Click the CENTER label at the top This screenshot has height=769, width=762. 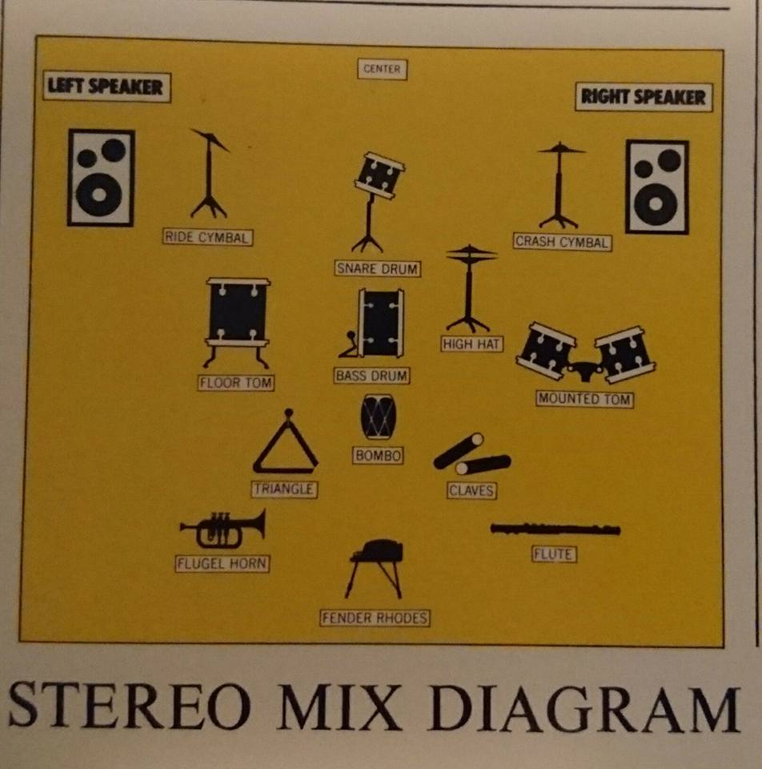click(383, 69)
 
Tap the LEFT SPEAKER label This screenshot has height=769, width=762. click(106, 87)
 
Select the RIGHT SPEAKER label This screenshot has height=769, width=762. click(644, 97)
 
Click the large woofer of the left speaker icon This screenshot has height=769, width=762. click(99, 195)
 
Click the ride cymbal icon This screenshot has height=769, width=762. click(209, 173)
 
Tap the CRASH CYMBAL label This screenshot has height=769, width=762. click(562, 242)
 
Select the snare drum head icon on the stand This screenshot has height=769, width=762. click(379, 175)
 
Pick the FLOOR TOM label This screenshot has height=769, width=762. click(235, 383)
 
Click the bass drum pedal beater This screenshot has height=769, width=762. click(351, 336)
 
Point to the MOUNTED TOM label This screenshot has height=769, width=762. click(584, 399)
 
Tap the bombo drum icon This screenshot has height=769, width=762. click(378, 417)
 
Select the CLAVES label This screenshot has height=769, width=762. click(471, 490)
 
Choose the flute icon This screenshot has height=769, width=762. click(555, 529)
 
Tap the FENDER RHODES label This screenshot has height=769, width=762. click(375, 618)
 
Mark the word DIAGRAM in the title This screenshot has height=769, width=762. click(584, 709)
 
